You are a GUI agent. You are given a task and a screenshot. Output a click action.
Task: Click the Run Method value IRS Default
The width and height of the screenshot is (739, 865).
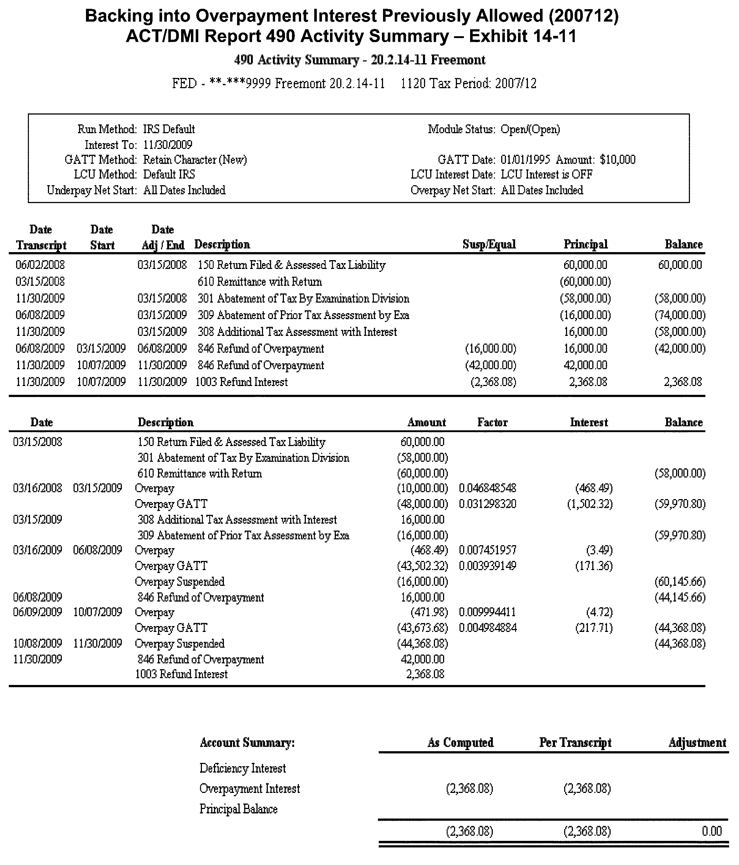tap(169, 130)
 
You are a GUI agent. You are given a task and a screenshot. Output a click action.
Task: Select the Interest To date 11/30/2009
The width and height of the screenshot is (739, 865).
tap(168, 145)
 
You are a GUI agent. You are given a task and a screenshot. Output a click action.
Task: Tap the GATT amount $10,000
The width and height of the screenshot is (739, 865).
tap(618, 160)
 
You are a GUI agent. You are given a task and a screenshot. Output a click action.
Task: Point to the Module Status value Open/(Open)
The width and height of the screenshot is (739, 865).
tap(530, 130)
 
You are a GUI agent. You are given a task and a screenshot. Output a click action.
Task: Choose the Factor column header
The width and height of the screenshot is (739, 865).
tap(492, 423)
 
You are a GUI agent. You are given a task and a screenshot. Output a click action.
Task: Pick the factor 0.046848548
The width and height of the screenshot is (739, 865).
tap(487, 488)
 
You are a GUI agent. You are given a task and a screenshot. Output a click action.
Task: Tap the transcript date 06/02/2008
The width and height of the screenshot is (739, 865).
tap(40, 265)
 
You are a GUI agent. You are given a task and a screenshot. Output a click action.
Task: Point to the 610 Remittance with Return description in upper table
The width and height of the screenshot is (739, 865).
tap(260, 282)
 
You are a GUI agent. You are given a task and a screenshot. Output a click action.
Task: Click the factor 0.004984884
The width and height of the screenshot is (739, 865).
tap(487, 628)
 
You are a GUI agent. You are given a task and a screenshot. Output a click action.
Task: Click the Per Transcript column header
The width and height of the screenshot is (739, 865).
tap(575, 743)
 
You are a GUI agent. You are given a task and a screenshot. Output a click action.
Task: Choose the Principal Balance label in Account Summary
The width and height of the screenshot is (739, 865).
tap(239, 809)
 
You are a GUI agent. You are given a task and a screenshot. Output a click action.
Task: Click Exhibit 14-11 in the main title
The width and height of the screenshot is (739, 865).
tap(522, 36)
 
